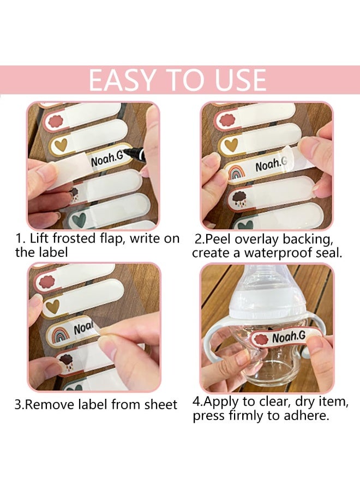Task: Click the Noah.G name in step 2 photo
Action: pos(271,165)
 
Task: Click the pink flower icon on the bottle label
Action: pos(261,339)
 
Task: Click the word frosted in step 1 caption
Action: pos(74,238)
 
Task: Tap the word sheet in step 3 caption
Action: pos(161,404)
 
